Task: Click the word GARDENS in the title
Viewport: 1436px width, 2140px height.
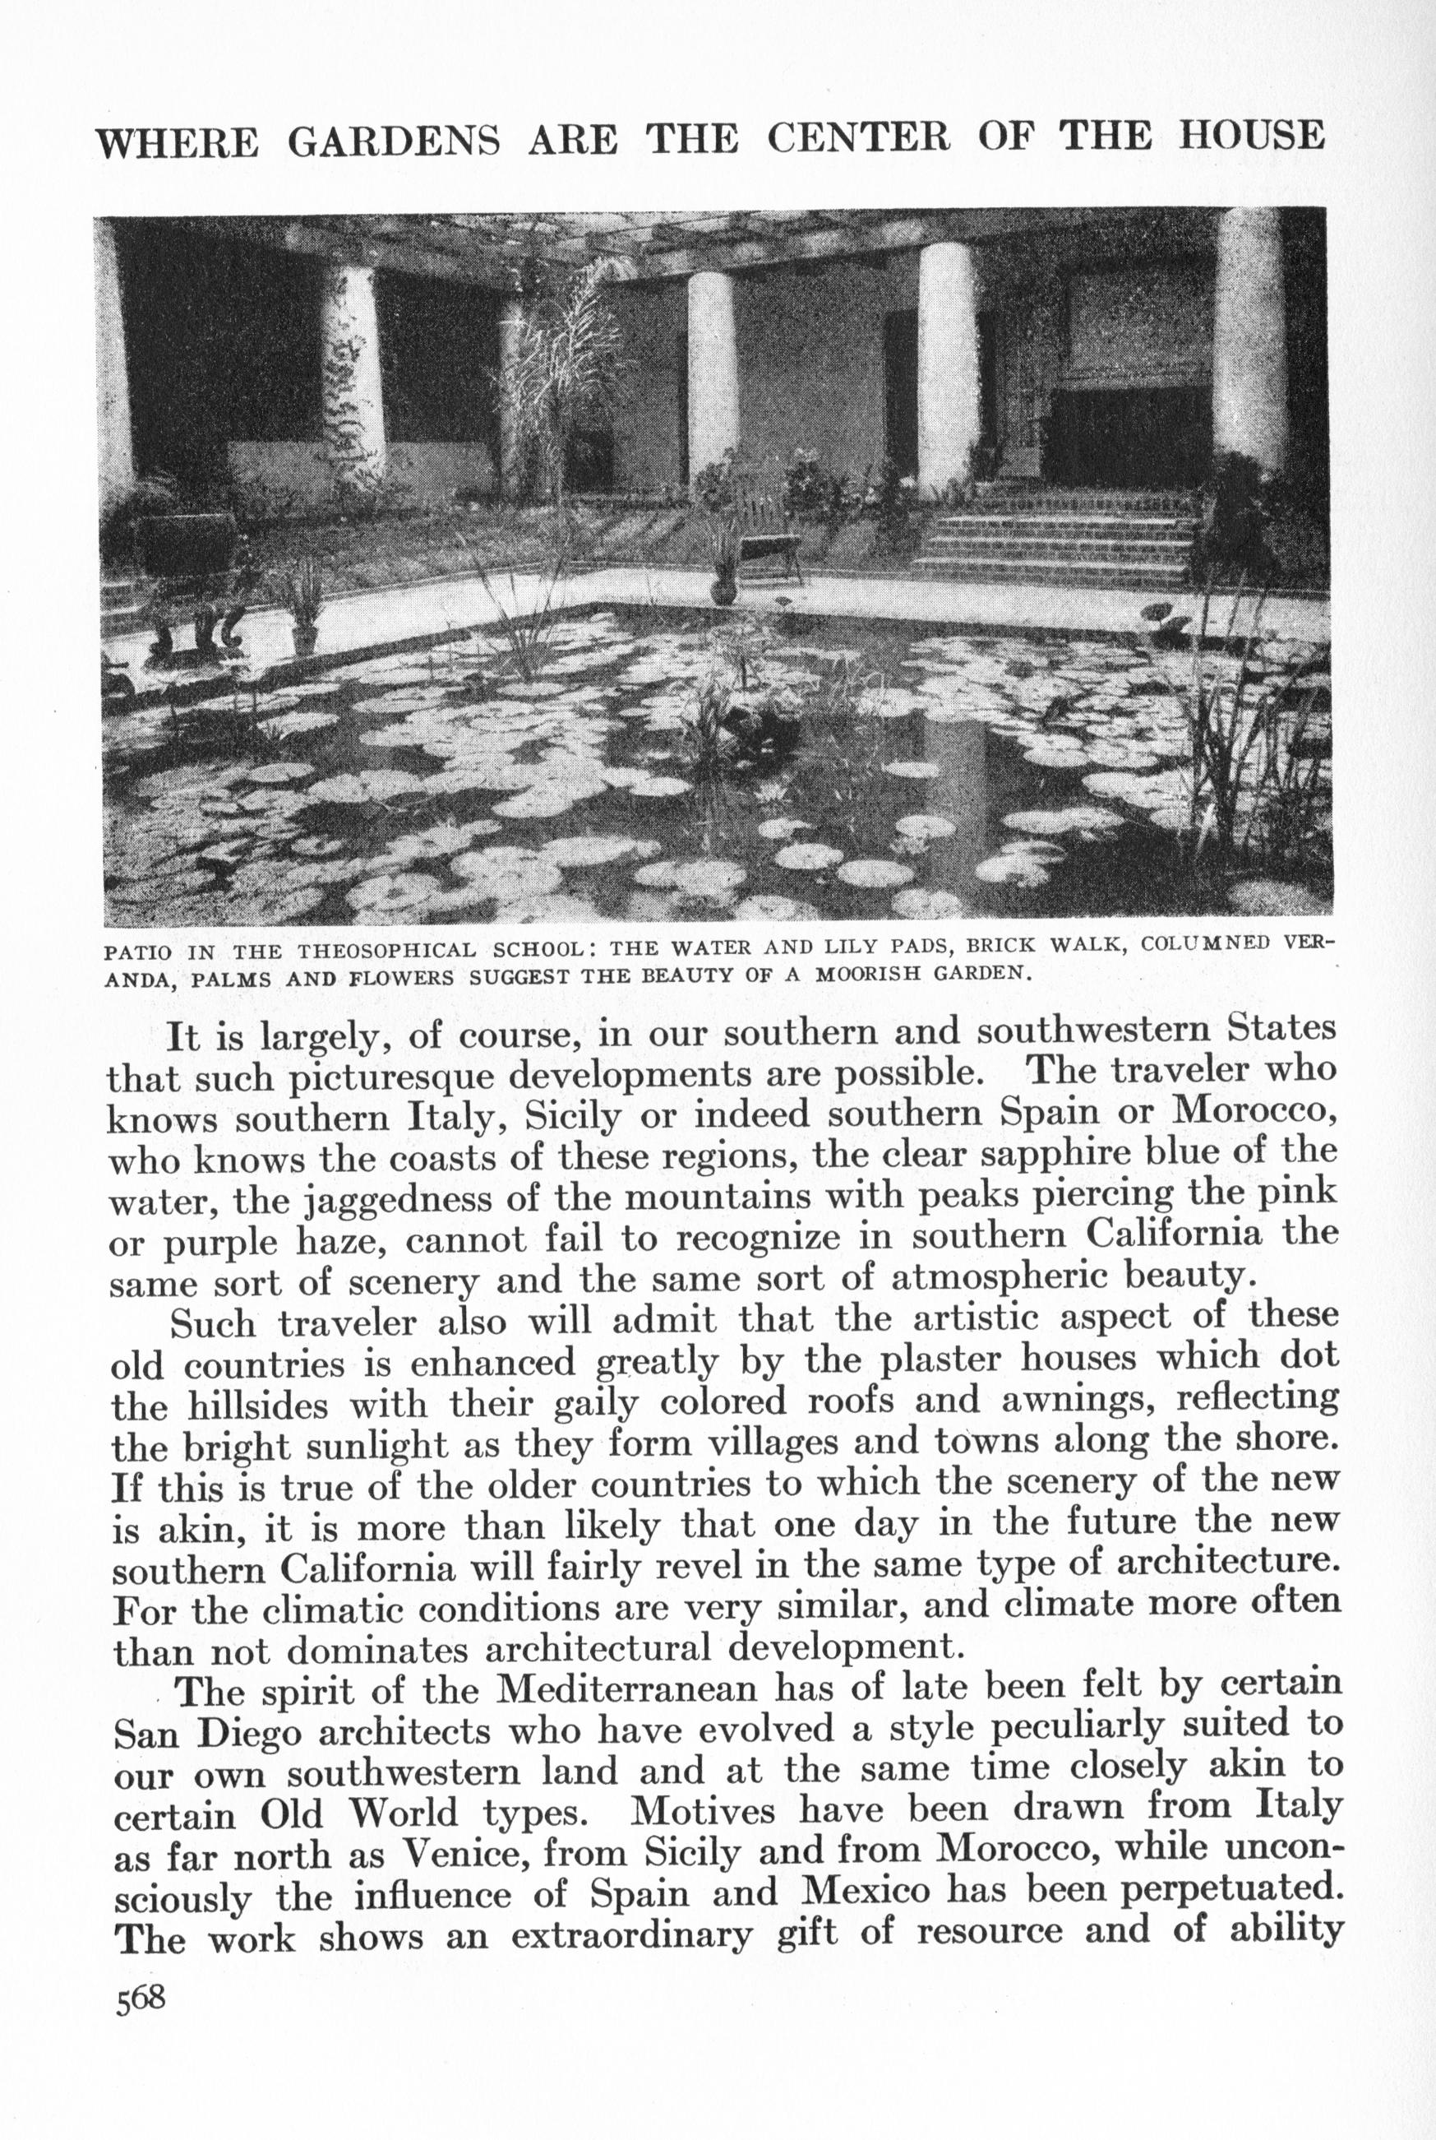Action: tap(394, 138)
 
